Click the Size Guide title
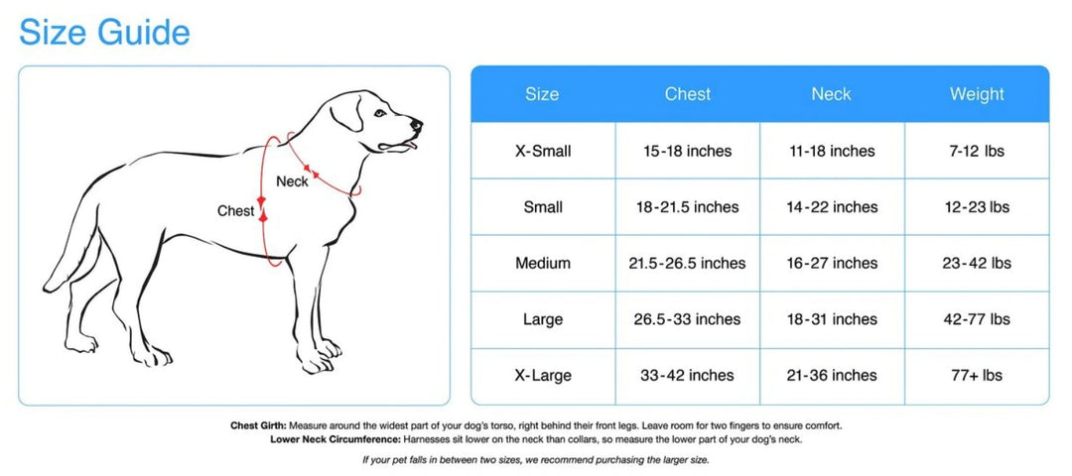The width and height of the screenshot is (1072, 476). click(104, 33)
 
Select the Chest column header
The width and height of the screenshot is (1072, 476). click(688, 94)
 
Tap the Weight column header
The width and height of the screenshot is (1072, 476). click(977, 94)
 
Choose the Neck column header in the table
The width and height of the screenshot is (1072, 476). click(832, 94)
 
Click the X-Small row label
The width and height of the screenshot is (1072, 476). click(543, 151)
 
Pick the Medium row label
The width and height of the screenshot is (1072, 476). click(543, 263)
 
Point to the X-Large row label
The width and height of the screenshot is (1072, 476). click(543, 375)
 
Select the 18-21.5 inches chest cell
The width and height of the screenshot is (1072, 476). click(687, 207)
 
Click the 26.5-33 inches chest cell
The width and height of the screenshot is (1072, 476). click(687, 319)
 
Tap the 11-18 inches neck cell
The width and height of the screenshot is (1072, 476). click(832, 151)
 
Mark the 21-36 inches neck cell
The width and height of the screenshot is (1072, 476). click(832, 375)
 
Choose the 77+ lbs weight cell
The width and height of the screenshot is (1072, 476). click(977, 375)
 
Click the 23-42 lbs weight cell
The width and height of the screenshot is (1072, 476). click(977, 263)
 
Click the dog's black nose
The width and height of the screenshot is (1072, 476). click(416, 125)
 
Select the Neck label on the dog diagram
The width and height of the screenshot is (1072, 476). click(292, 181)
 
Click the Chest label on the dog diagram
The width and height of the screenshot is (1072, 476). click(236, 211)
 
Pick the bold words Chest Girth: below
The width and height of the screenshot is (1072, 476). click(259, 425)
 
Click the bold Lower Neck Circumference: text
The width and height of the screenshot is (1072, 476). click(335, 439)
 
